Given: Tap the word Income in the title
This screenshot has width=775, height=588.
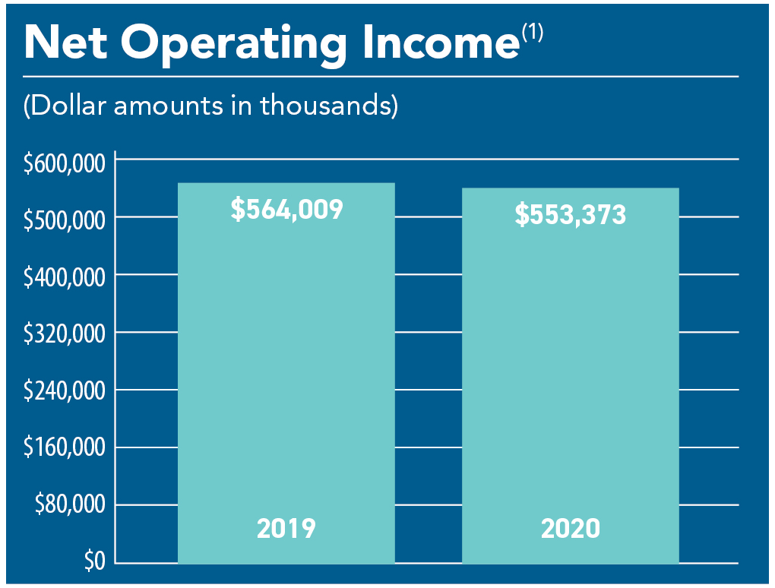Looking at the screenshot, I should [x=436, y=43].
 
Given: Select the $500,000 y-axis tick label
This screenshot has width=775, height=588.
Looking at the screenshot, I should [x=64, y=221].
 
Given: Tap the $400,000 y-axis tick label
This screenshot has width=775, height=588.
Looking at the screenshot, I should [x=64, y=278].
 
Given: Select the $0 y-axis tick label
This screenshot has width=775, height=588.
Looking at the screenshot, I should [x=95, y=563].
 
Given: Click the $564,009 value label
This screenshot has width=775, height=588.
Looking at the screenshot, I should [x=286, y=210].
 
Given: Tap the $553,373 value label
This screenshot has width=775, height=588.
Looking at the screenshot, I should [x=571, y=215].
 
